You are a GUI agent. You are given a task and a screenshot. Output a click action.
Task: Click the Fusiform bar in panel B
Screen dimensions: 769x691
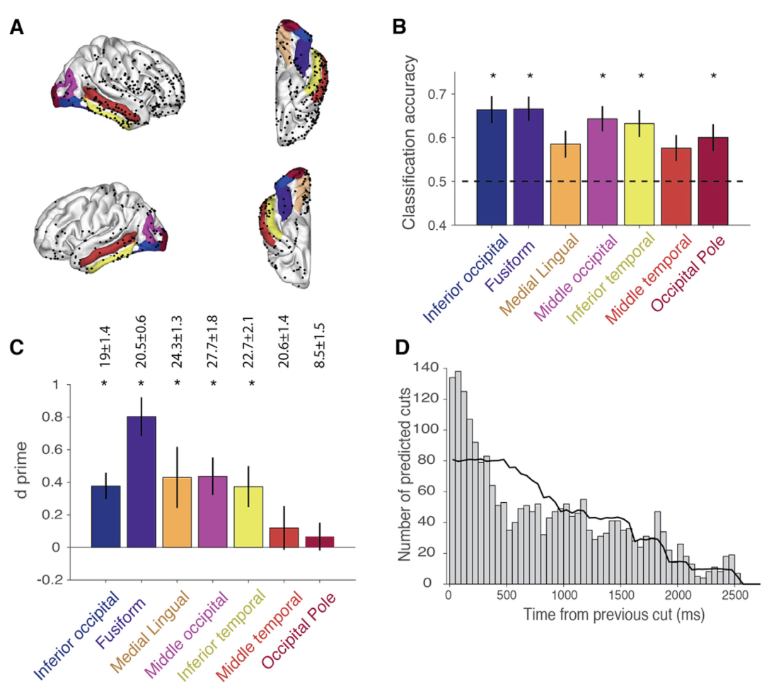(528, 167)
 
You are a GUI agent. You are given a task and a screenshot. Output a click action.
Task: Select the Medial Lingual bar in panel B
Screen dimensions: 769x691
(565, 185)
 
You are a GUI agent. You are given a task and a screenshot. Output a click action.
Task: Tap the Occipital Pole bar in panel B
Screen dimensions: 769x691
(713, 181)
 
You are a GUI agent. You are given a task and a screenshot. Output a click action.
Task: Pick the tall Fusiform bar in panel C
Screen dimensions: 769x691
(141, 482)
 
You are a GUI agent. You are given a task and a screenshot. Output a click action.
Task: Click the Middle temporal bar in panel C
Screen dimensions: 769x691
(284, 538)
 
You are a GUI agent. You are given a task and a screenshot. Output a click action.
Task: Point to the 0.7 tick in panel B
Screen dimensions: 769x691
(437, 93)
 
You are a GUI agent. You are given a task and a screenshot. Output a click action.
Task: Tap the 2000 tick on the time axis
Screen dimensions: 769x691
(678, 595)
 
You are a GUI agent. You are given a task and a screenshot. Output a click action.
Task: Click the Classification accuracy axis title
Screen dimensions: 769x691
(408, 142)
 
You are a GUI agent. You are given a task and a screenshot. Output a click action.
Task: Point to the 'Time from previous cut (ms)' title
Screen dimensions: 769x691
(613, 615)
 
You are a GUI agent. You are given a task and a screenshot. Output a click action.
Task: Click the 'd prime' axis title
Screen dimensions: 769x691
(21, 470)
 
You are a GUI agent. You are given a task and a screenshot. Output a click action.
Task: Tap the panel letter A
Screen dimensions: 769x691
(17, 27)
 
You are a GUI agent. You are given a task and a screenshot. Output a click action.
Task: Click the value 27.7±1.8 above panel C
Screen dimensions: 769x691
(213, 342)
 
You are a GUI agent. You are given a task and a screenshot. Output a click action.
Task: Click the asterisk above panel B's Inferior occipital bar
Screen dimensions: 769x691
(493, 76)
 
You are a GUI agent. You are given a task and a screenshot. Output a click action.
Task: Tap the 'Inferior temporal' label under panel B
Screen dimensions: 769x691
(610, 279)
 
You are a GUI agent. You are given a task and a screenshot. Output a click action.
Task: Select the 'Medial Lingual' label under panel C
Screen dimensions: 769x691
(149, 632)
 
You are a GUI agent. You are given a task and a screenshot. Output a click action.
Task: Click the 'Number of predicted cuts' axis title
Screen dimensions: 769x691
(404, 475)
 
